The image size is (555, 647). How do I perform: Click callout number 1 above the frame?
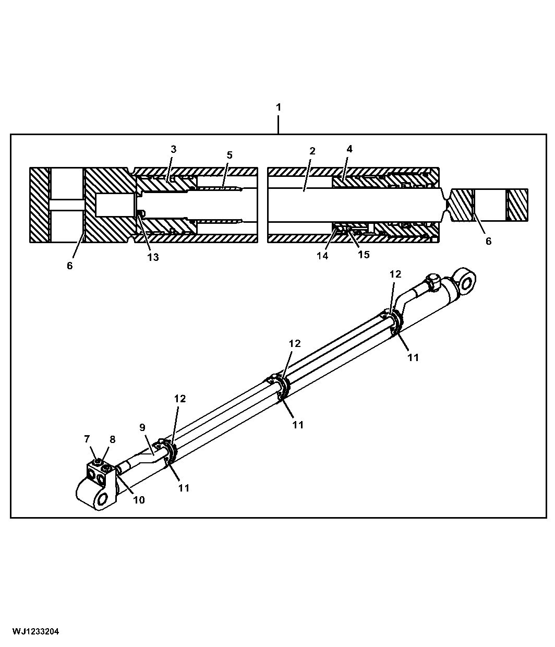pos(278,107)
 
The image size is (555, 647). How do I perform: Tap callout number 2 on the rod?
pos(312,151)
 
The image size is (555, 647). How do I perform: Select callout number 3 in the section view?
pos(174,149)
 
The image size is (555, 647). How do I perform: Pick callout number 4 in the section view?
pos(349,149)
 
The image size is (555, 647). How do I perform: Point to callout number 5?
pos(230,155)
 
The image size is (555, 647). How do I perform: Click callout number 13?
pos(153,257)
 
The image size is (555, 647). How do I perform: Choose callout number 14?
pos(322,256)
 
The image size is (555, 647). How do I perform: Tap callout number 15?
pos(364,255)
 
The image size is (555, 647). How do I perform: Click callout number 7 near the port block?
pos(87,439)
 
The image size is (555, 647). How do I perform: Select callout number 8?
pos(112,439)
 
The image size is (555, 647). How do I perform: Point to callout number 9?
pos(142,427)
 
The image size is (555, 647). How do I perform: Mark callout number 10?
pos(139,500)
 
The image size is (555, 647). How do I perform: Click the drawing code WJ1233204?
pos(35,632)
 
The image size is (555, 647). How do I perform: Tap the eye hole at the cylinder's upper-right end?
pos(467,284)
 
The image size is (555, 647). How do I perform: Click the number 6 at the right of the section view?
pos(488,241)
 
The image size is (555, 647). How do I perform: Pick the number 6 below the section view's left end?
pos(69,266)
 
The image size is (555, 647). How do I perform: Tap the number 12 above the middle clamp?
pos(294,344)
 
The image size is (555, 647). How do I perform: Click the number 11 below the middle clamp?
pos(298,425)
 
